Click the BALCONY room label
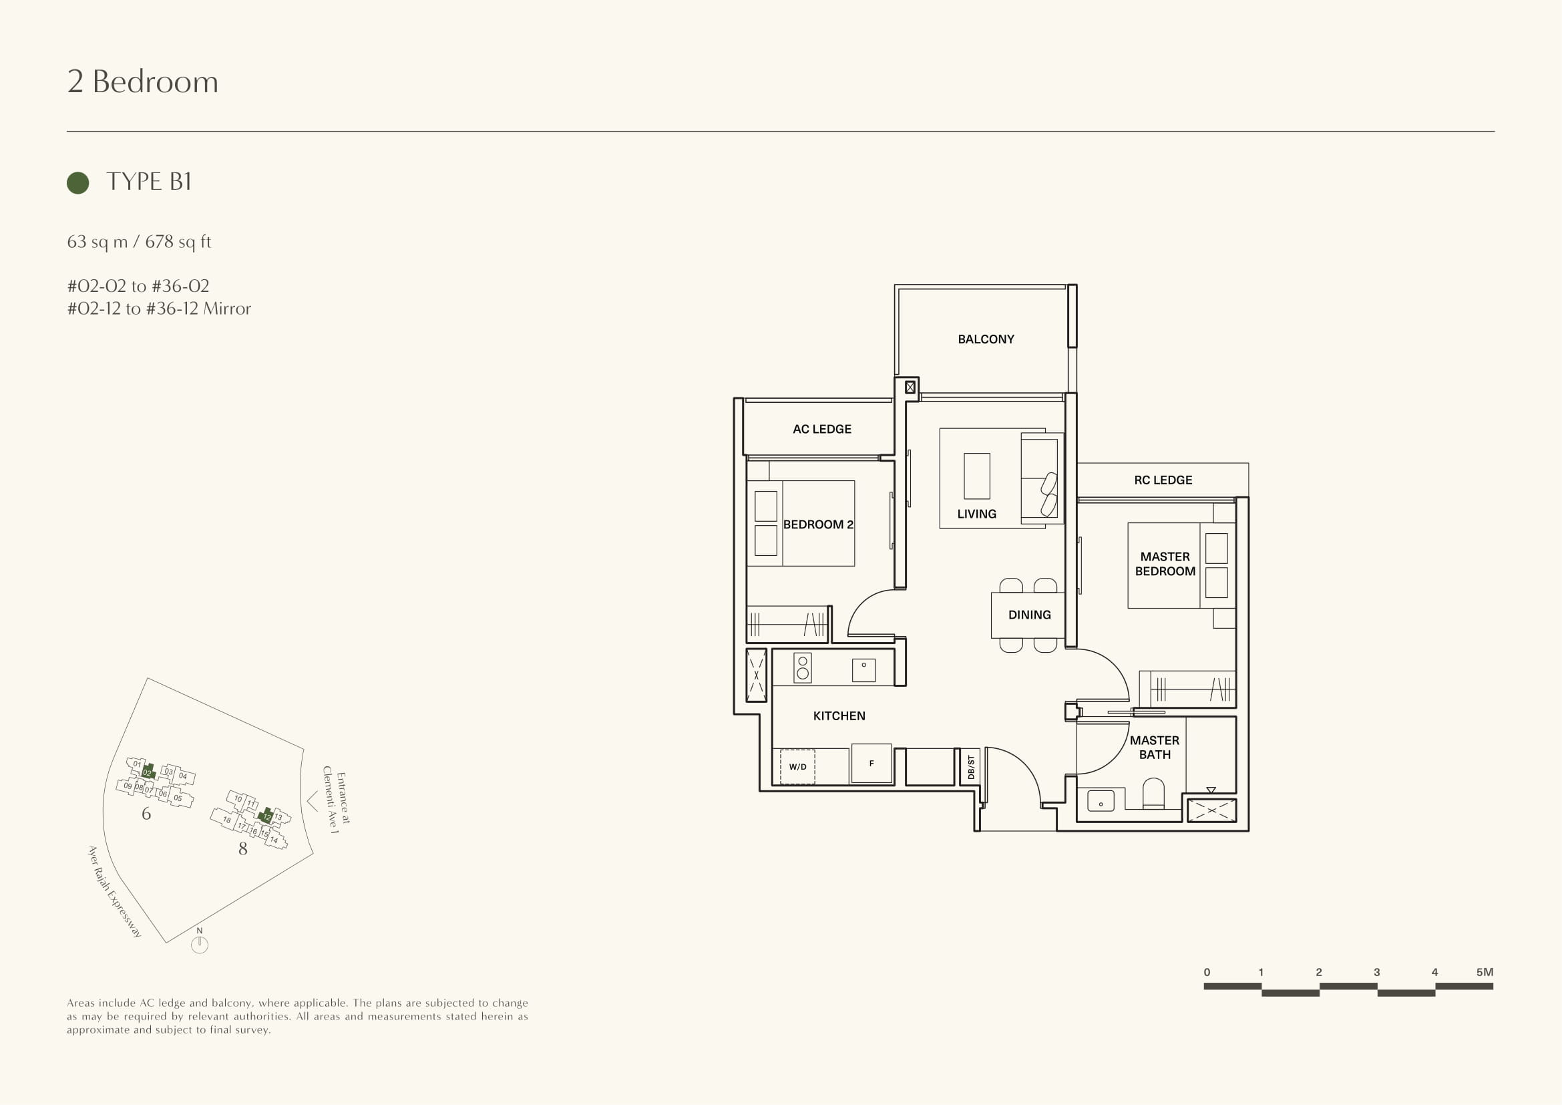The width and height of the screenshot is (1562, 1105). pyautogui.click(x=986, y=339)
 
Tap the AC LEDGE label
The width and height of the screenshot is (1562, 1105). pyautogui.click(x=822, y=429)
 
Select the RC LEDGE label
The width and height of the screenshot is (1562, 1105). pyautogui.click(x=1163, y=480)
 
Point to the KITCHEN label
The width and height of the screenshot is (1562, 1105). pyautogui.click(x=839, y=716)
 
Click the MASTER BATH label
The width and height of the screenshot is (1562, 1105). pyautogui.click(x=1155, y=747)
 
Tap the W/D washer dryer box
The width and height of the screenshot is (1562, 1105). pyautogui.click(x=797, y=767)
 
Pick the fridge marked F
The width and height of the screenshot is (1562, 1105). pyautogui.click(x=871, y=764)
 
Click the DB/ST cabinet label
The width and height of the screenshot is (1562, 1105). pyautogui.click(x=971, y=767)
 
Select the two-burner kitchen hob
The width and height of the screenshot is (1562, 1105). pyautogui.click(x=803, y=668)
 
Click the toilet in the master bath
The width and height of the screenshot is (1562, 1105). pyautogui.click(x=1154, y=794)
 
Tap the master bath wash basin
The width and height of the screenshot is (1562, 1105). pyautogui.click(x=1101, y=800)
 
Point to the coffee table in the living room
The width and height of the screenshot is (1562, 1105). pyautogui.click(x=977, y=476)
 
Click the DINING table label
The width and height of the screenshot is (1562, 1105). pyautogui.click(x=1029, y=615)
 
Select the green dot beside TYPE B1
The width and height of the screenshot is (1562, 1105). pyautogui.click(x=78, y=182)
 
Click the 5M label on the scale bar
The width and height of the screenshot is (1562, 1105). pyautogui.click(x=1485, y=971)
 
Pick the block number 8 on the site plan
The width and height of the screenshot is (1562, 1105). pyautogui.click(x=243, y=848)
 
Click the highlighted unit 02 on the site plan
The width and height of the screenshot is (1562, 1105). pyautogui.click(x=148, y=772)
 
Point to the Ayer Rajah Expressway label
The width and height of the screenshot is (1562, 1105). pyautogui.click(x=115, y=891)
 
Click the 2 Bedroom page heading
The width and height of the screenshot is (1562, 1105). pyautogui.click(x=143, y=82)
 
